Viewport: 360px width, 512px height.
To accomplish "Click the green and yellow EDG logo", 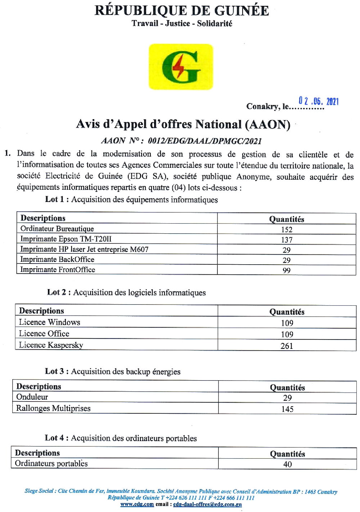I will [181, 67].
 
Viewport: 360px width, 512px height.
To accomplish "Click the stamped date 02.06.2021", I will [318, 101].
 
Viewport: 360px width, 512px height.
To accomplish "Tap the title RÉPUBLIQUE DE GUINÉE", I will [181, 10].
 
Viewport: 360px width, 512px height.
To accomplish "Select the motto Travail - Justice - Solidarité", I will [182, 24].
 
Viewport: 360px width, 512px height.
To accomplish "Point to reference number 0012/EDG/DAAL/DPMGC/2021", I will [204, 141].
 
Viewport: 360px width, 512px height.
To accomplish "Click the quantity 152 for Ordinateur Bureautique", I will [287, 229].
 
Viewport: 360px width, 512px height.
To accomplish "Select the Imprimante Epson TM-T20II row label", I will [66, 239].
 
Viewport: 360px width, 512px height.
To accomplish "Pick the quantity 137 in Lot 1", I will [287, 239].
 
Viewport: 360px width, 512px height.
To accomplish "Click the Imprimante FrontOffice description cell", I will [58, 270].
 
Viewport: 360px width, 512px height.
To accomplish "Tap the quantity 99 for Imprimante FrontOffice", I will [287, 270].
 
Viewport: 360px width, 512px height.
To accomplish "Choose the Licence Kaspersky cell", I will [51, 345].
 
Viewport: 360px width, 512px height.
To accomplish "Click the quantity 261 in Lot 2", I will [287, 346].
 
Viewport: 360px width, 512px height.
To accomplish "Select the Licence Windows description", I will [49, 322].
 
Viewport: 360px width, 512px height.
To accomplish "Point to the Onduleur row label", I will [32, 397].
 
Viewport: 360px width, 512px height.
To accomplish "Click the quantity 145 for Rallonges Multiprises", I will [287, 409].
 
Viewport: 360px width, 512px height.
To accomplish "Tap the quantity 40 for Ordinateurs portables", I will [287, 464].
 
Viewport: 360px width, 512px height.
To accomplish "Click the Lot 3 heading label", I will [57, 371].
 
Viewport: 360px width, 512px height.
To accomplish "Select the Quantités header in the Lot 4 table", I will [287, 454].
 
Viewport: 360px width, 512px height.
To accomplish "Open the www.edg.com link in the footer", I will [137, 504].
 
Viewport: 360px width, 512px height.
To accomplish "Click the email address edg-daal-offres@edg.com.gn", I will [207, 504].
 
